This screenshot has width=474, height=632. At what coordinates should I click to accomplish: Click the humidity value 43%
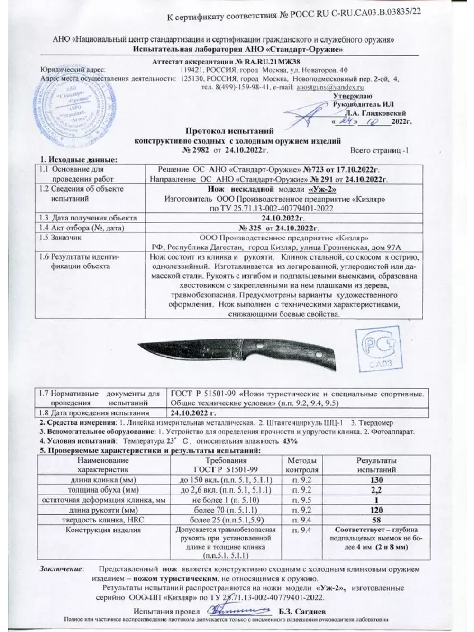[x=290, y=441]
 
